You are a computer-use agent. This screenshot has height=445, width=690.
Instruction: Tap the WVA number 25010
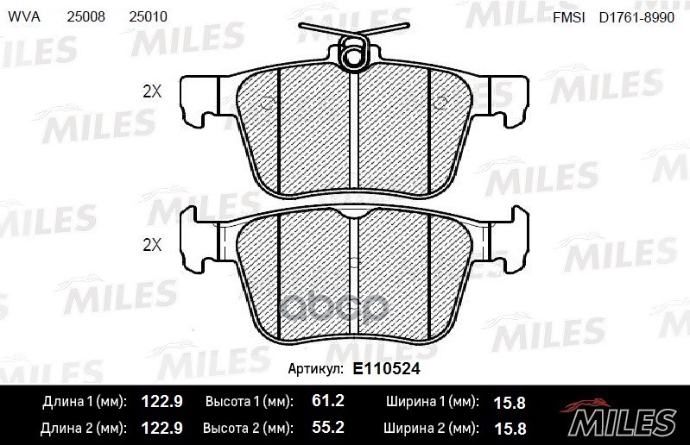tap(149, 17)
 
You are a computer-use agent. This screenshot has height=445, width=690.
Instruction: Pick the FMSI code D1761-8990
tap(638, 17)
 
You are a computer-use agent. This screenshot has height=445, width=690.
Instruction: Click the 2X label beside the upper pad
tap(152, 91)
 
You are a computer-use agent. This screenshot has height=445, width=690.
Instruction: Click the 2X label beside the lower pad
tap(152, 245)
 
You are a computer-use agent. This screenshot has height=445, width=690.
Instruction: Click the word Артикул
tap(314, 368)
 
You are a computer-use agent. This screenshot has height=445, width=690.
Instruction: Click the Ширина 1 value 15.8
tap(509, 402)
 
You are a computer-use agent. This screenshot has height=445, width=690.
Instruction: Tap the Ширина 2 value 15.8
tap(509, 427)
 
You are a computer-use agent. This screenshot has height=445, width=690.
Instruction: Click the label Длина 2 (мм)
tap(84, 427)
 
